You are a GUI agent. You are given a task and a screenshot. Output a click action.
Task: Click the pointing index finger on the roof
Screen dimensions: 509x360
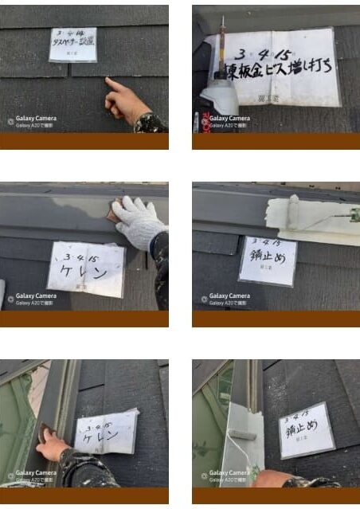(114, 84)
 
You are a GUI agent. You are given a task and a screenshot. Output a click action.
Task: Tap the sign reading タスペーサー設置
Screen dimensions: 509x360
(72, 45)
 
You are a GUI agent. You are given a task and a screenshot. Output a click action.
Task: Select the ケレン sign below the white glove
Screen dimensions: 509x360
(86, 268)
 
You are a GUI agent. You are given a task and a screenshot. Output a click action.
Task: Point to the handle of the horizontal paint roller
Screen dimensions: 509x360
(342, 214)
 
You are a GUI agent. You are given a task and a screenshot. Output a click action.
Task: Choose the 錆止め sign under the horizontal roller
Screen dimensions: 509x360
(268, 260)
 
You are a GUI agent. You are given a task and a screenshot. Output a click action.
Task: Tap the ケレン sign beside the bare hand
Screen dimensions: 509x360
(106, 433)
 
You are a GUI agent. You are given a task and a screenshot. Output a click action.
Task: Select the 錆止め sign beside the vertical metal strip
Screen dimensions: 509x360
(306, 431)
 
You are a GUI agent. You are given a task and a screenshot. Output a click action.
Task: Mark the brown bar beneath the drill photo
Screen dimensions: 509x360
(276, 142)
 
